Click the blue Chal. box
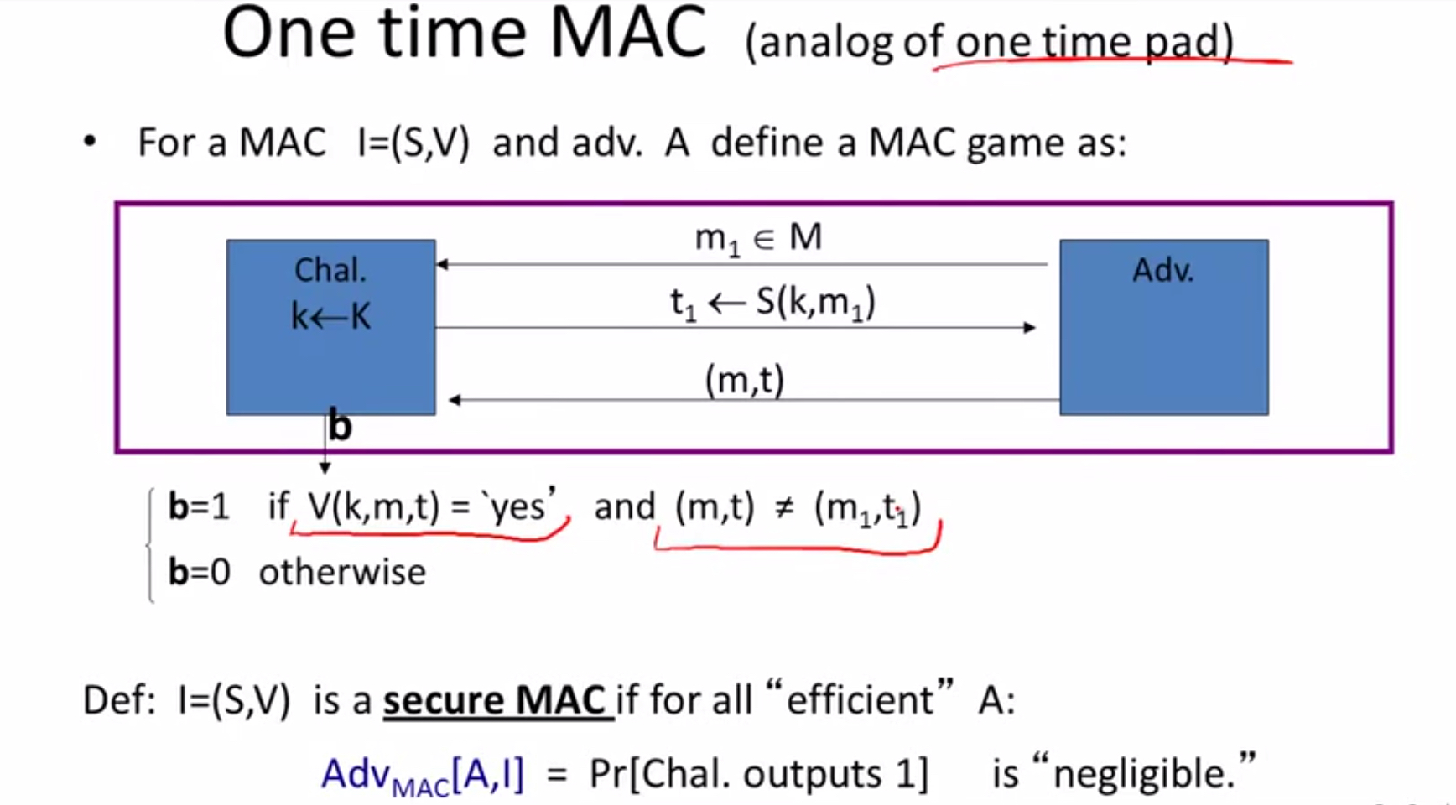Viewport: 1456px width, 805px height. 330,327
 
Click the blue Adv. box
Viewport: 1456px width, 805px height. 1164,327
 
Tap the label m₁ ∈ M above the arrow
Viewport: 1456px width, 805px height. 758,239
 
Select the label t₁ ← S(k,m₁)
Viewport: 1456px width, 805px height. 772,304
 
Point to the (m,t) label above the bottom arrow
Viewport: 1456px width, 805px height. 745,381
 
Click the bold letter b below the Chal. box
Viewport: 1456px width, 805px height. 340,425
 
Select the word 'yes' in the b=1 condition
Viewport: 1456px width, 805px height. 517,506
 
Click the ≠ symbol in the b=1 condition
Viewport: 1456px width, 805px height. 784,508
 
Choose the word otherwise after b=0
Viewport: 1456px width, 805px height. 342,572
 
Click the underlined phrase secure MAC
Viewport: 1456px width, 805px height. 494,700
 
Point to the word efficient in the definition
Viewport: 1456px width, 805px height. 860,699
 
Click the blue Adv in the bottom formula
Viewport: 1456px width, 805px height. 356,774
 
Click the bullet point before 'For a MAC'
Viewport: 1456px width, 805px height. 90,142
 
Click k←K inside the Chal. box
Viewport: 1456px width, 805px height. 330,316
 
